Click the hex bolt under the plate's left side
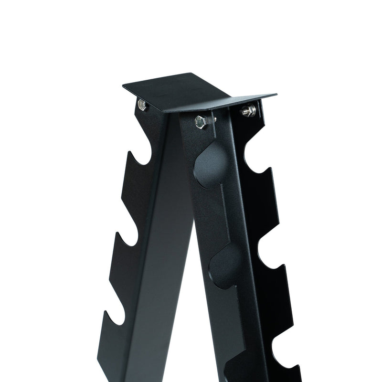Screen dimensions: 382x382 click(x=141, y=104)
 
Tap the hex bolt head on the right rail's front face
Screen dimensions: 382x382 click(x=201, y=122)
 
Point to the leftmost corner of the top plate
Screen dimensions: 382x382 click(x=123, y=85)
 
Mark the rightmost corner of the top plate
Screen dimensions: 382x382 click(x=276, y=95)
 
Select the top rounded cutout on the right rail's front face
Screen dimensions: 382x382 click(x=210, y=165)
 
